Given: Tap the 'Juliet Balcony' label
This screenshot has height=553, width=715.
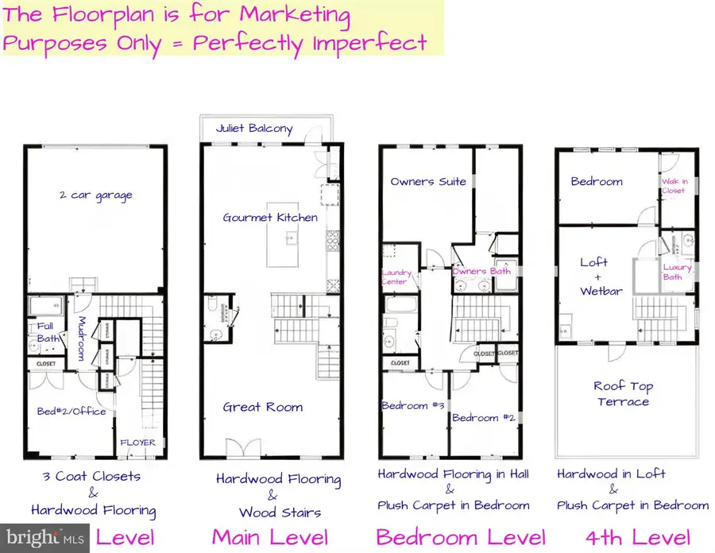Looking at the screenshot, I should coord(253,129).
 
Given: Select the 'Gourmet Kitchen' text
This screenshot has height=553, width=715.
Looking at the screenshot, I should coord(270,217).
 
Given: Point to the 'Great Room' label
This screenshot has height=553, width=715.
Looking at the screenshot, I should coord(262,407).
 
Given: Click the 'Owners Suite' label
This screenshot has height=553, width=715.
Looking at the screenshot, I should coord(428,181).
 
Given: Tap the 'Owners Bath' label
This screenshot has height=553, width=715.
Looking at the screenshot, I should coord(481,271).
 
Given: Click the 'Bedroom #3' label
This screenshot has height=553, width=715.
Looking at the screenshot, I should coord(412,406).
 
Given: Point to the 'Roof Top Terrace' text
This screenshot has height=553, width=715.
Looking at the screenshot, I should coord(624,394).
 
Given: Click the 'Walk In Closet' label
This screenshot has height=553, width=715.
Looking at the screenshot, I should coord(673,186).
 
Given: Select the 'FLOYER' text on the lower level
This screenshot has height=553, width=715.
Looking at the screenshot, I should coord(137,443).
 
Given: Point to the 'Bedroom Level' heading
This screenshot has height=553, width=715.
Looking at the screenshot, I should coord(460,537).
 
